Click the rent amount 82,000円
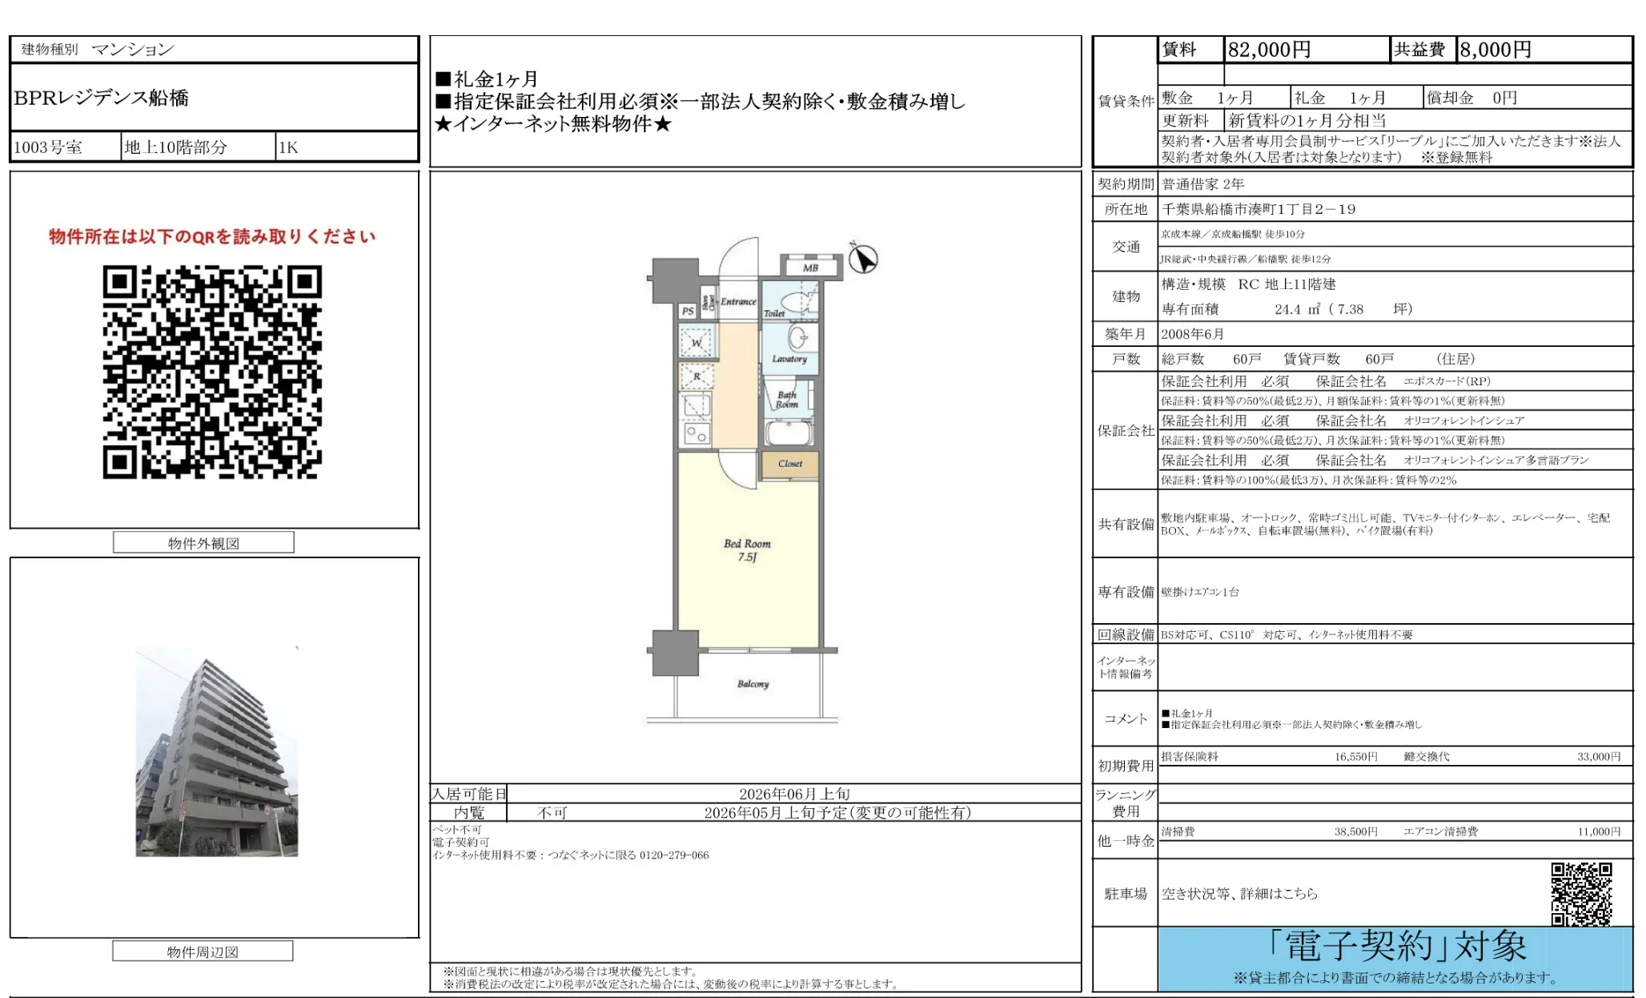pyautogui.click(x=1269, y=50)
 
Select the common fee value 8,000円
pyautogui.click(x=1495, y=50)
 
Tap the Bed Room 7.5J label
pyautogui.click(x=747, y=549)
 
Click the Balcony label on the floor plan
pyautogui.click(x=753, y=684)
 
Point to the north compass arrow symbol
pyautogui.click(x=863, y=259)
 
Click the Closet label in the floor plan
pyautogui.click(x=789, y=464)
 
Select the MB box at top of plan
pyautogui.click(x=810, y=268)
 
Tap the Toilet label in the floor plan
pyautogui.click(x=774, y=314)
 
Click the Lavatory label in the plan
pyautogui.click(x=789, y=359)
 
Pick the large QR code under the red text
pyautogui.click(x=212, y=372)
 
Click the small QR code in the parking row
pyautogui.click(x=1581, y=893)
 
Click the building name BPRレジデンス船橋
pyautogui.click(x=102, y=98)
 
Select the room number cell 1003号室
pyautogui.click(x=48, y=147)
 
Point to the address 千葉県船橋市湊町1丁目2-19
pyautogui.click(x=1259, y=209)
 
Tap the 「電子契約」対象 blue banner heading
pyautogui.click(x=1397, y=947)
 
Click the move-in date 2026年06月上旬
pyautogui.click(x=794, y=794)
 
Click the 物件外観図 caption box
pyautogui.click(x=203, y=543)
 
